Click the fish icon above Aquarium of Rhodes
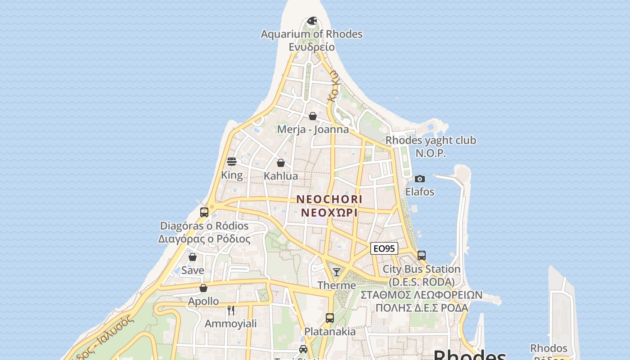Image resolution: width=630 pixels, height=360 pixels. click(x=312, y=21)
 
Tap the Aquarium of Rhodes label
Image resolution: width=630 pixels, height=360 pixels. click(x=311, y=34)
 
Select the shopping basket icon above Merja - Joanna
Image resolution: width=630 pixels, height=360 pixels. click(x=313, y=116)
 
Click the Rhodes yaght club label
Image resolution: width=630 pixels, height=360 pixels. click(x=431, y=140)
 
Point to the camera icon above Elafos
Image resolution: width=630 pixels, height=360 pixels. click(x=420, y=179)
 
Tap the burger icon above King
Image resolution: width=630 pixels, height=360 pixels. click(x=232, y=162)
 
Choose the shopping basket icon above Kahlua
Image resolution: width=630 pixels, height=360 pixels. click(x=281, y=163)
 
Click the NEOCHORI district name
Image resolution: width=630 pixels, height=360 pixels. click(x=329, y=199)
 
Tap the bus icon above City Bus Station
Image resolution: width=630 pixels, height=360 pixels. click(x=422, y=256)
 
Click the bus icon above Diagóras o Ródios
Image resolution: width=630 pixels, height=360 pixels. click(x=204, y=212)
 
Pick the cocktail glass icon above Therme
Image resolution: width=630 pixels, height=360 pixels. click(x=337, y=272)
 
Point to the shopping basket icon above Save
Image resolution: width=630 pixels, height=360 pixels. click(x=193, y=257)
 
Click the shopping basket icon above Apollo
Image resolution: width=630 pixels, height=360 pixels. click(x=203, y=288)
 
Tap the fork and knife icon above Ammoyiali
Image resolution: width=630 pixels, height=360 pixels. click(x=231, y=310)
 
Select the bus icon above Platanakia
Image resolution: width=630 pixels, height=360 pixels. click(x=330, y=318)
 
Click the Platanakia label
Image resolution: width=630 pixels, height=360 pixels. click(x=330, y=332)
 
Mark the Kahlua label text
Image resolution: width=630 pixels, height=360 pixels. click(x=281, y=176)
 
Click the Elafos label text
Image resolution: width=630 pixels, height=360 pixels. click(x=420, y=192)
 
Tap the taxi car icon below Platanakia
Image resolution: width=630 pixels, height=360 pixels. click(x=303, y=349)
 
